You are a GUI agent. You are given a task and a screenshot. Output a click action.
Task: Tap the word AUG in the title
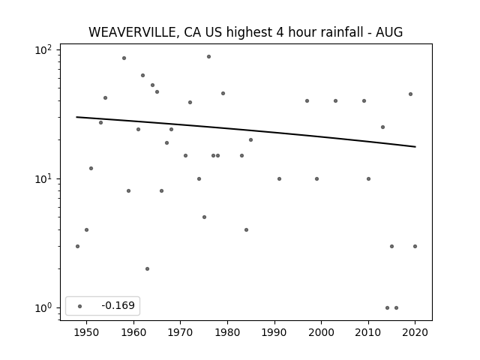[390, 32]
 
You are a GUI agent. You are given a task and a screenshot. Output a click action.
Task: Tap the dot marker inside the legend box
[79, 306]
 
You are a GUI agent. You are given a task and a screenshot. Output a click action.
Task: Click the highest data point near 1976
[208, 56]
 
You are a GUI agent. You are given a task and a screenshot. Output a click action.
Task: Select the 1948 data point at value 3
[77, 246]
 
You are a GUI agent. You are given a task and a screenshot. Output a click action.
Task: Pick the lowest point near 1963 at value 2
[147, 268]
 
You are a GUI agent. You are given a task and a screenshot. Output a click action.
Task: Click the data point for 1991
[279, 178]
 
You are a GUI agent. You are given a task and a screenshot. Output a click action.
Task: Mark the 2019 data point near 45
[410, 94]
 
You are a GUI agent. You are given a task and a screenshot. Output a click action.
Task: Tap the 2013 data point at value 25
[382, 127]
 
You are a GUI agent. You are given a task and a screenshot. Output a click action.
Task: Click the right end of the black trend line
[415, 146]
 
